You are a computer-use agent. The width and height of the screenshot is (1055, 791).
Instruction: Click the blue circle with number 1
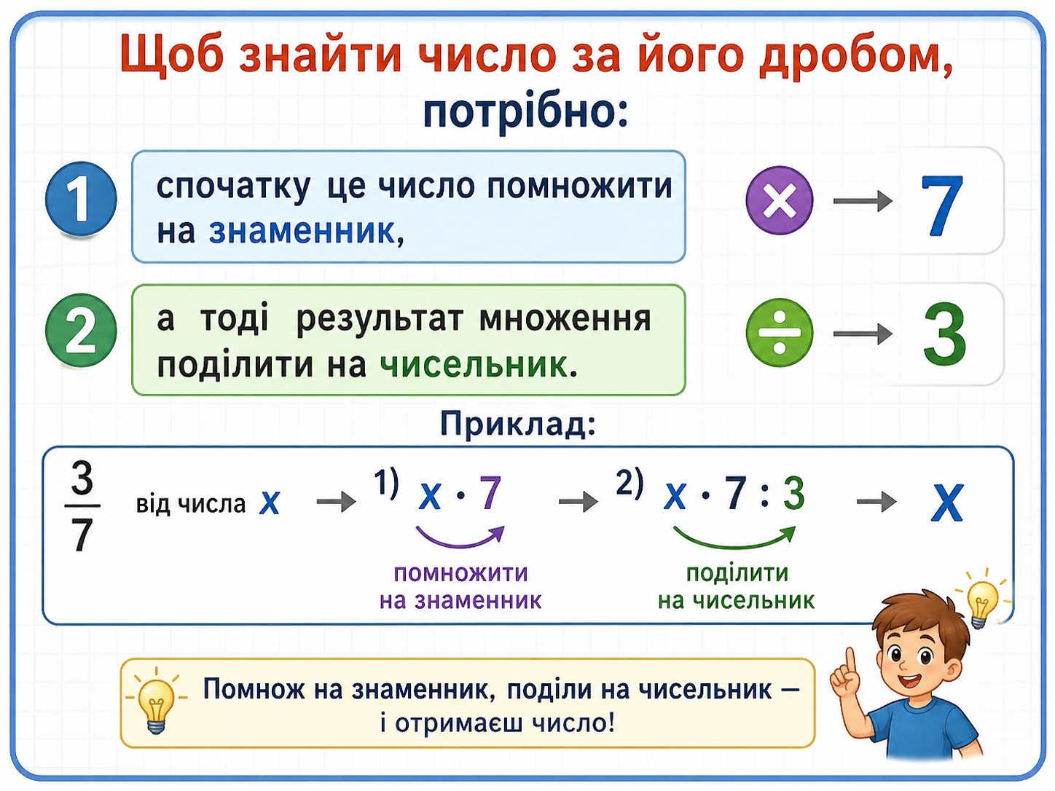pos(81,199)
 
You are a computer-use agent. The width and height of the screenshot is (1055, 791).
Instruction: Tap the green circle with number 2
pos(81,331)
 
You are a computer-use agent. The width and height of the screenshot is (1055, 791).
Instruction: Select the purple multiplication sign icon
pos(779,200)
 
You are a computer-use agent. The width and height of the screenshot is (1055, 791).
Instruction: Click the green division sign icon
pos(779,333)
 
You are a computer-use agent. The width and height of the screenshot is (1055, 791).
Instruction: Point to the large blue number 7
pos(942,205)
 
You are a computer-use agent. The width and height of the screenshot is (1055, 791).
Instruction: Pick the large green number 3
pos(944,334)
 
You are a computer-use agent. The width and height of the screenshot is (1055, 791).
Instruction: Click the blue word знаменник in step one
pos(302,231)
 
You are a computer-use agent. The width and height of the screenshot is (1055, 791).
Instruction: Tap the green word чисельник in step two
pos(473,365)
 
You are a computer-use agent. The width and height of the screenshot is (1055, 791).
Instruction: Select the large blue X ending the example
pos(946,503)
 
